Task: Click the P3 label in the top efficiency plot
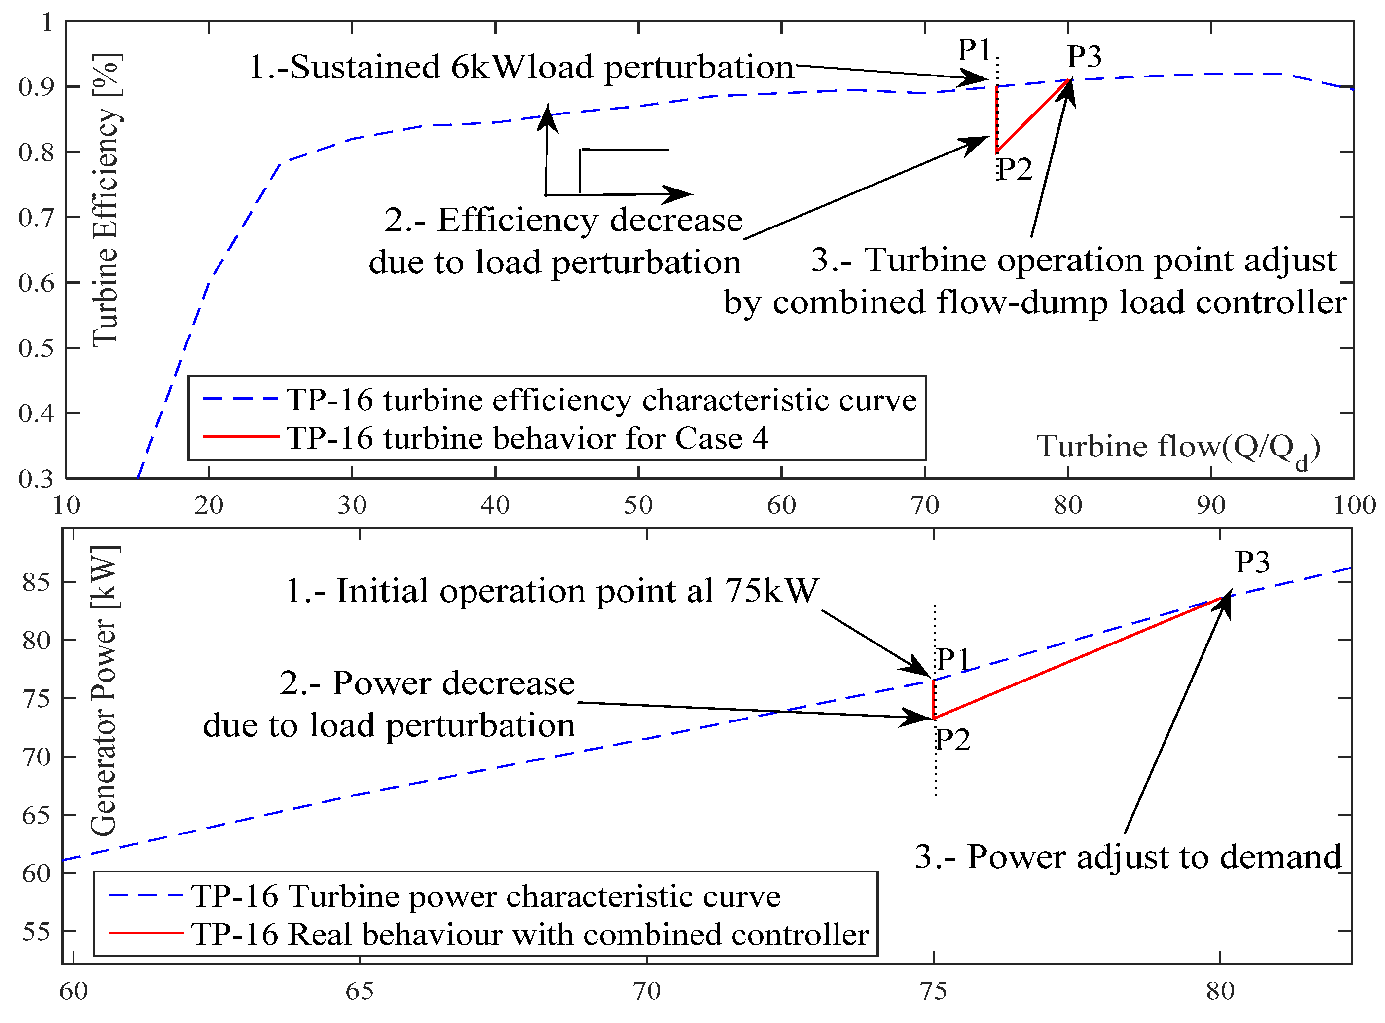[x=1084, y=56]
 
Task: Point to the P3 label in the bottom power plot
[x=1252, y=562]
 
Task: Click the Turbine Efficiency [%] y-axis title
[x=106, y=199]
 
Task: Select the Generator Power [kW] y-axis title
[x=104, y=691]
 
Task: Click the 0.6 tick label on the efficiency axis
[x=36, y=283]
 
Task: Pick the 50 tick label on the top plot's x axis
[x=638, y=506]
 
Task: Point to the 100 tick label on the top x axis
[x=1354, y=506]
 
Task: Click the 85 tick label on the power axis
[x=36, y=583]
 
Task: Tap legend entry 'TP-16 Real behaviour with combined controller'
[x=530, y=935]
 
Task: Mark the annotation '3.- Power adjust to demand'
[x=1128, y=857]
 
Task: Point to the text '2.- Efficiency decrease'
[x=563, y=220]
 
